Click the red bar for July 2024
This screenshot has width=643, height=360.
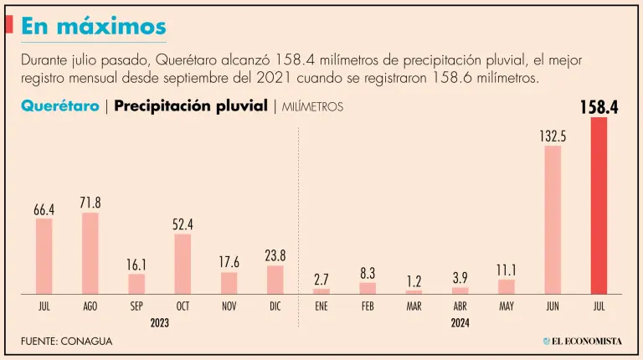[599, 205]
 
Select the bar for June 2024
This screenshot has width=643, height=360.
[553, 219]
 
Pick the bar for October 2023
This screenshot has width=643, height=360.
[183, 264]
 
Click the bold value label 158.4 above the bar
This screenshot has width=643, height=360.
[598, 107]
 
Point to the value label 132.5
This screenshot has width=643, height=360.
[553, 136]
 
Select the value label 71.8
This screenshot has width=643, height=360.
[90, 202]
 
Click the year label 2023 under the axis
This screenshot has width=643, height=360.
[160, 322]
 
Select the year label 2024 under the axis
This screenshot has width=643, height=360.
[460, 322]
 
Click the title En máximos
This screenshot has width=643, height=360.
[93, 26]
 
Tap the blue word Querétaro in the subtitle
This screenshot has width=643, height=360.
[58, 106]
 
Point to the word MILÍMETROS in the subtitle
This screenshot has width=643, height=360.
[312, 107]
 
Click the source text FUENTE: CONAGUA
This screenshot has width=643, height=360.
[66, 342]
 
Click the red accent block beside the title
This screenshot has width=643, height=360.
[8, 25]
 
